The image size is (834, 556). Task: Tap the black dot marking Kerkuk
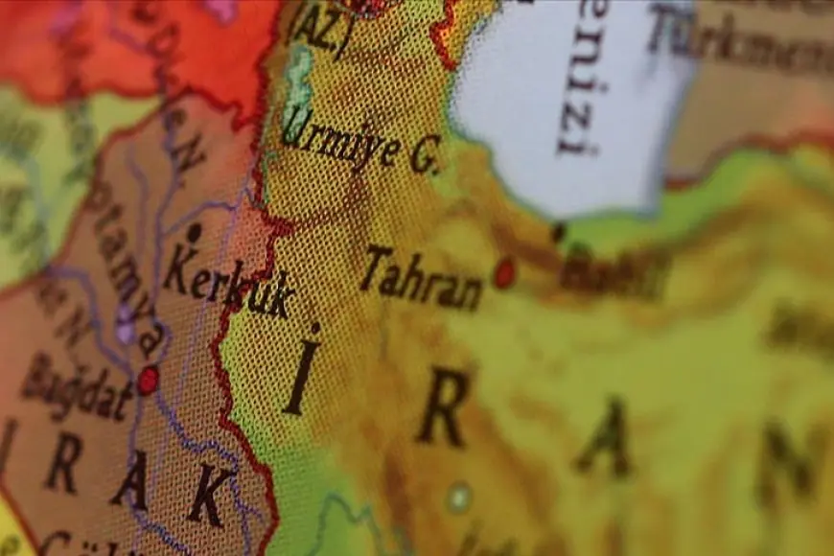195,233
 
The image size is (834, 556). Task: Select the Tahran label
422,279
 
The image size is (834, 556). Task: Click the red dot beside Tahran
503,273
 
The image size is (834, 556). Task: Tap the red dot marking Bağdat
148,381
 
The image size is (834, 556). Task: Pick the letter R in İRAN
443,406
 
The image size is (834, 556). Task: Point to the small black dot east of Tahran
558,232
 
